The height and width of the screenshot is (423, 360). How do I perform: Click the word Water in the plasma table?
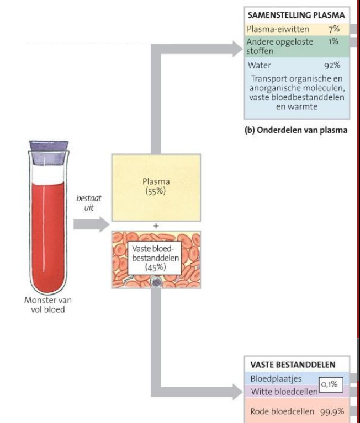click(261, 65)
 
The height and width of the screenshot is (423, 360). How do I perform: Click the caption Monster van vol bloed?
click(47, 304)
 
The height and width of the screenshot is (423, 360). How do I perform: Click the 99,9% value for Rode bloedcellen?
click(332, 411)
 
